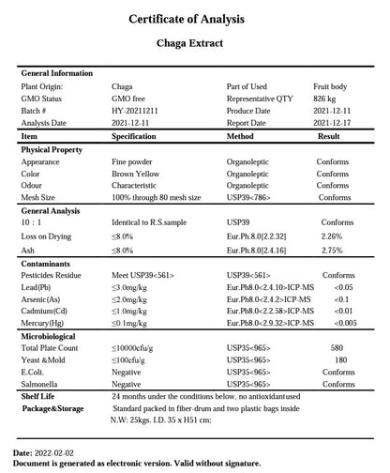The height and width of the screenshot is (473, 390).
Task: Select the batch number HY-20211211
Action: pos(137,111)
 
